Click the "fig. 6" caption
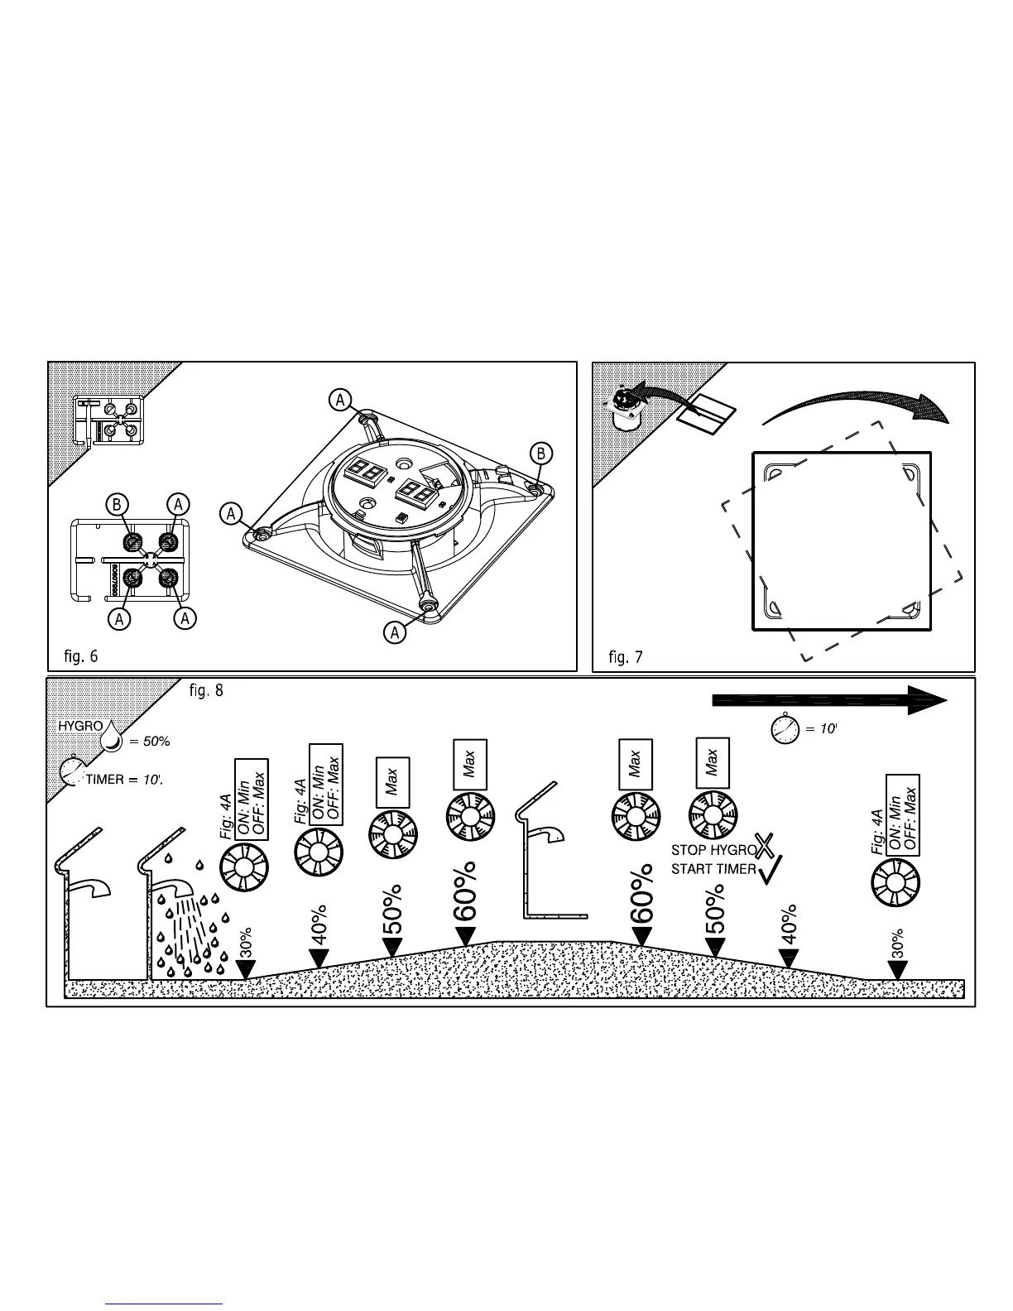click(80, 656)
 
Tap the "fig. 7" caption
click(626, 657)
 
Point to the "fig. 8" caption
click(206, 689)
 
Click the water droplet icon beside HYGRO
click(111, 736)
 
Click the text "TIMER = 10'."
click(124, 780)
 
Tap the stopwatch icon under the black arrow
click(785, 729)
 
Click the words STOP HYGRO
click(713, 849)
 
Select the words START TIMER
click(713, 869)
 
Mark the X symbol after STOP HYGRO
click(766, 846)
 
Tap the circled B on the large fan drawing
click(540, 453)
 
